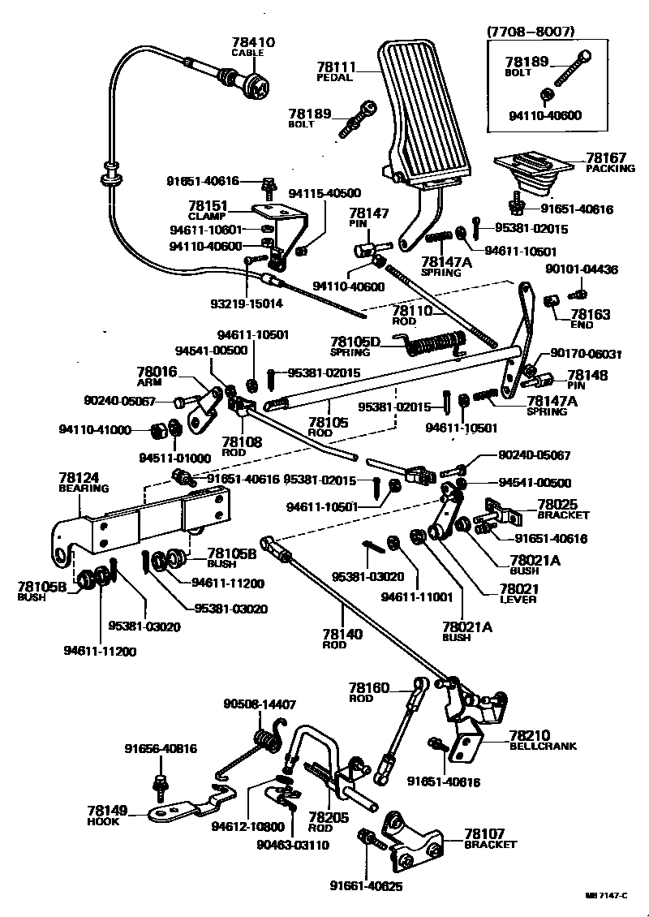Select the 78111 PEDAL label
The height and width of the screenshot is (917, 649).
337,71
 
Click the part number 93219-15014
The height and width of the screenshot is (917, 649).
247,304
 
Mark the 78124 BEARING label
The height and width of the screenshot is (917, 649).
83,483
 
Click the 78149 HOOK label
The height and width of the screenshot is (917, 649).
107,814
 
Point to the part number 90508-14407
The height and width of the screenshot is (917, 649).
260,705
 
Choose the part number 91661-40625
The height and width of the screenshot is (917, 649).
365,885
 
